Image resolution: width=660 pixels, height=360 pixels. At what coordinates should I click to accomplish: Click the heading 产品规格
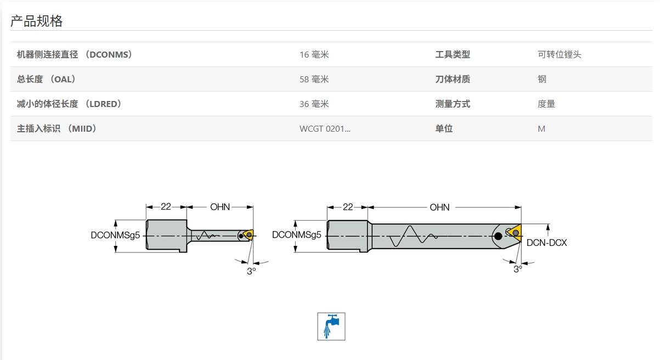point(37,21)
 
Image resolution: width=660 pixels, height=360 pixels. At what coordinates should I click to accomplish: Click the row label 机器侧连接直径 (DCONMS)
point(75,54)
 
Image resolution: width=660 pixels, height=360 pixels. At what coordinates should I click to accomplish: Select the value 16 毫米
point(314,54)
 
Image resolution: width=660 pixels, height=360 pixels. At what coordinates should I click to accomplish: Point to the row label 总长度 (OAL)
point(46,79)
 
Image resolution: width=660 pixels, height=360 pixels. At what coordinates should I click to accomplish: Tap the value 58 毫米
point(314,79)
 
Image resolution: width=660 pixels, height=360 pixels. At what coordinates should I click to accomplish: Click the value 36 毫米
point(314,104)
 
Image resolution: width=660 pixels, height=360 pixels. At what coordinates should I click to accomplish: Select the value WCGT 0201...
point(324,128)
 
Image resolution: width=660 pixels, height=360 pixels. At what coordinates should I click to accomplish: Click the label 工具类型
point(453,54)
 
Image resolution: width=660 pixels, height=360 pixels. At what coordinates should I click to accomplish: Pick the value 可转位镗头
point(559,54)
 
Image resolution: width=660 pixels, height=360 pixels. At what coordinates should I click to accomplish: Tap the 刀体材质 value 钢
point(542,79)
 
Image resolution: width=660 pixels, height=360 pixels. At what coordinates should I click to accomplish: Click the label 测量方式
point(453,104)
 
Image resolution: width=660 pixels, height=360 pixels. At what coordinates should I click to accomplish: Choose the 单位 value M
point(541,128)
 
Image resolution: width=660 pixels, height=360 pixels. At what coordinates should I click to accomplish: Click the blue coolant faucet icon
point(331,326)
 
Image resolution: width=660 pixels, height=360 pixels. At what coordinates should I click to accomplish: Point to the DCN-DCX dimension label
point(546,242)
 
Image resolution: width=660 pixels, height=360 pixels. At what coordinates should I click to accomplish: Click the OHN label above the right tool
point(439,207)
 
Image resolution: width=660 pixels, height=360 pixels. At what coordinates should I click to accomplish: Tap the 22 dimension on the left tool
point(166,207)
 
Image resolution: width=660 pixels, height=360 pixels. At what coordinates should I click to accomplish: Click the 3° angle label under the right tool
point(517,269)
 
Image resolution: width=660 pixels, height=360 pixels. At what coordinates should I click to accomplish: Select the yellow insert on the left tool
point(249,235)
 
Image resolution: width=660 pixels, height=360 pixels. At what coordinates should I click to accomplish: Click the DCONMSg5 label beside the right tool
point(296,235)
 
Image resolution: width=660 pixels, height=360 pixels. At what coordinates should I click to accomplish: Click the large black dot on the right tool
point(498,237)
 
